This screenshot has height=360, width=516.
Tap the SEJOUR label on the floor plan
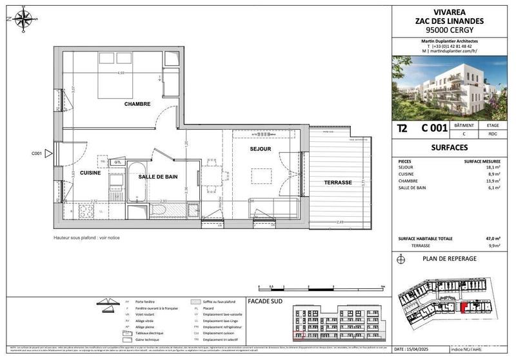[261, 149]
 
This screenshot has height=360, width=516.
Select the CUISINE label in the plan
[92, 174]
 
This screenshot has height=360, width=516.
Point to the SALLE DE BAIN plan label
[158, 176]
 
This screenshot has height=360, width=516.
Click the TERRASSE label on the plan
[338, 183]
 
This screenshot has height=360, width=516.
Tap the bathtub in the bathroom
[137, 180]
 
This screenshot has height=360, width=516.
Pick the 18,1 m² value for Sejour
[494, 166]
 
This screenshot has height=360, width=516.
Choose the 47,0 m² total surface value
[494, 238]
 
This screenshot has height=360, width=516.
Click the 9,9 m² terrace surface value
[495, 245]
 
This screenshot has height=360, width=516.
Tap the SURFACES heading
[454, 148]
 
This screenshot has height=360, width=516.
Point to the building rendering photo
[454, 88]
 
